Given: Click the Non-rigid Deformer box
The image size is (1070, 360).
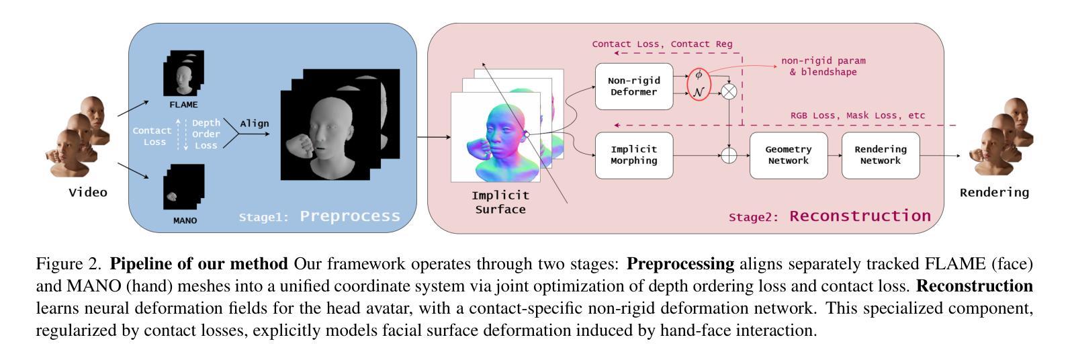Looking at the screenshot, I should (633, 86).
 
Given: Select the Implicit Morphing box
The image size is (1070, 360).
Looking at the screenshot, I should (633, 155).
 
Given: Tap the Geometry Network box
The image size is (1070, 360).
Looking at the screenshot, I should (788, 155).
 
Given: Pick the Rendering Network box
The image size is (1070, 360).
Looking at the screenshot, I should (880, 155).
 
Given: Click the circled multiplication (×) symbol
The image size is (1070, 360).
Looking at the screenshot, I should (728, 91).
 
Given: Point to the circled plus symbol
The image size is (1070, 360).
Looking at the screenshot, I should (728, 155).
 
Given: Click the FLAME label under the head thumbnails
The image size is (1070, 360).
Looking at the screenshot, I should (183, 105).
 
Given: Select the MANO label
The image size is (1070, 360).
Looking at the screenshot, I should (185, 220).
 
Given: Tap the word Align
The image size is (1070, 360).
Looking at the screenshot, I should (255, 124).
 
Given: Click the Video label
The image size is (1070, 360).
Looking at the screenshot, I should (88, 193).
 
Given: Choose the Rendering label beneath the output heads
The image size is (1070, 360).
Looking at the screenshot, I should (994, 193).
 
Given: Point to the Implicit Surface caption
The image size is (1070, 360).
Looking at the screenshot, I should (500, 202).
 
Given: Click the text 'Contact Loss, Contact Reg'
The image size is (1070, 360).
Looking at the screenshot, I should (662, 44).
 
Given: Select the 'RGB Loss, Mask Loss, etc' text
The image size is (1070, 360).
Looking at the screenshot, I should (857, 116).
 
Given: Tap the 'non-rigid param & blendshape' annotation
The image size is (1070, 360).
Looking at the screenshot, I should (823, 66).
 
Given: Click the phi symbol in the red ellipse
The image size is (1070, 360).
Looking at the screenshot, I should (699, 75).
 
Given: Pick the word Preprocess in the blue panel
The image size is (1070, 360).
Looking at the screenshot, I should (349, 216).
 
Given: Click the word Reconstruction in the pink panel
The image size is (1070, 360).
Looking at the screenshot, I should (860, 216).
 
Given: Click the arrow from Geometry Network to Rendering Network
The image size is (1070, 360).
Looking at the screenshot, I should (834, 155).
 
